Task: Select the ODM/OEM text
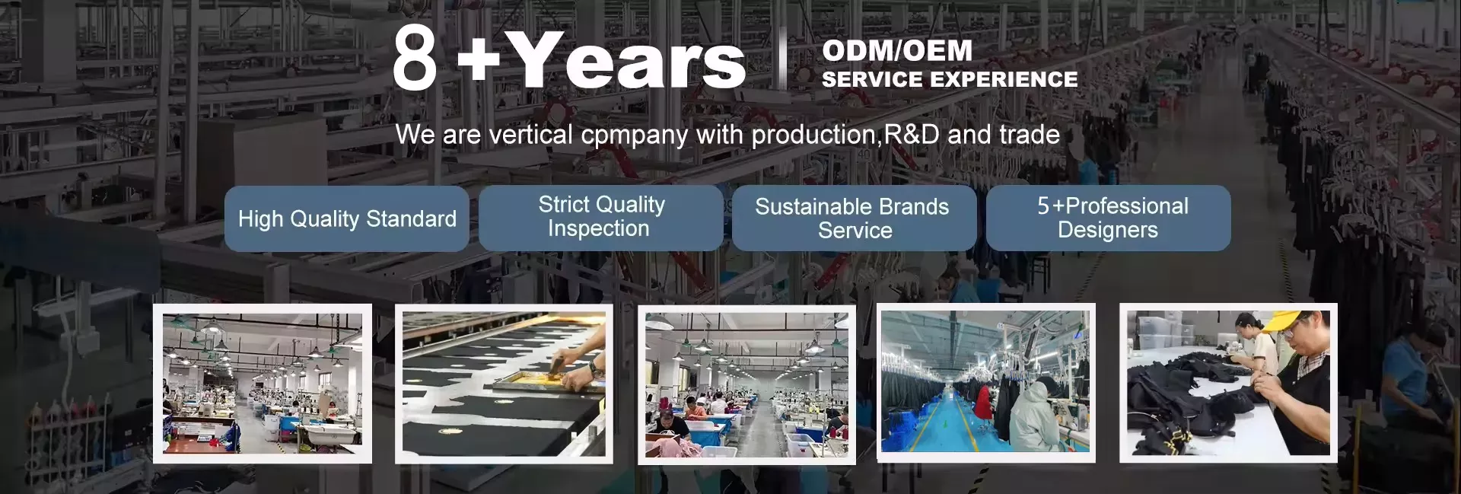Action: (897, 51)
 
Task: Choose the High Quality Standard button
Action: (347, 218)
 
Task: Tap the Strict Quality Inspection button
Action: (601, 217)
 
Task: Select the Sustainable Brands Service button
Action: (854, 218)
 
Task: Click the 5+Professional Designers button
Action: (1109, 218)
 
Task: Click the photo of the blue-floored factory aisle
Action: (985, 382)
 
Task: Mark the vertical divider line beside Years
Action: (783, 58)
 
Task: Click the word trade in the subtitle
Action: (1030, 135)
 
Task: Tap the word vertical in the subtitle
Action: (530, 135)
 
